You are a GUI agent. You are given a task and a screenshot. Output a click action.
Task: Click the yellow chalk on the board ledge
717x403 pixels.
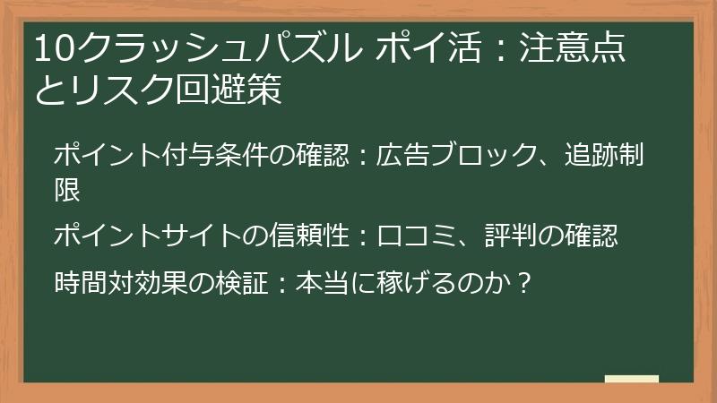point(631,379)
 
